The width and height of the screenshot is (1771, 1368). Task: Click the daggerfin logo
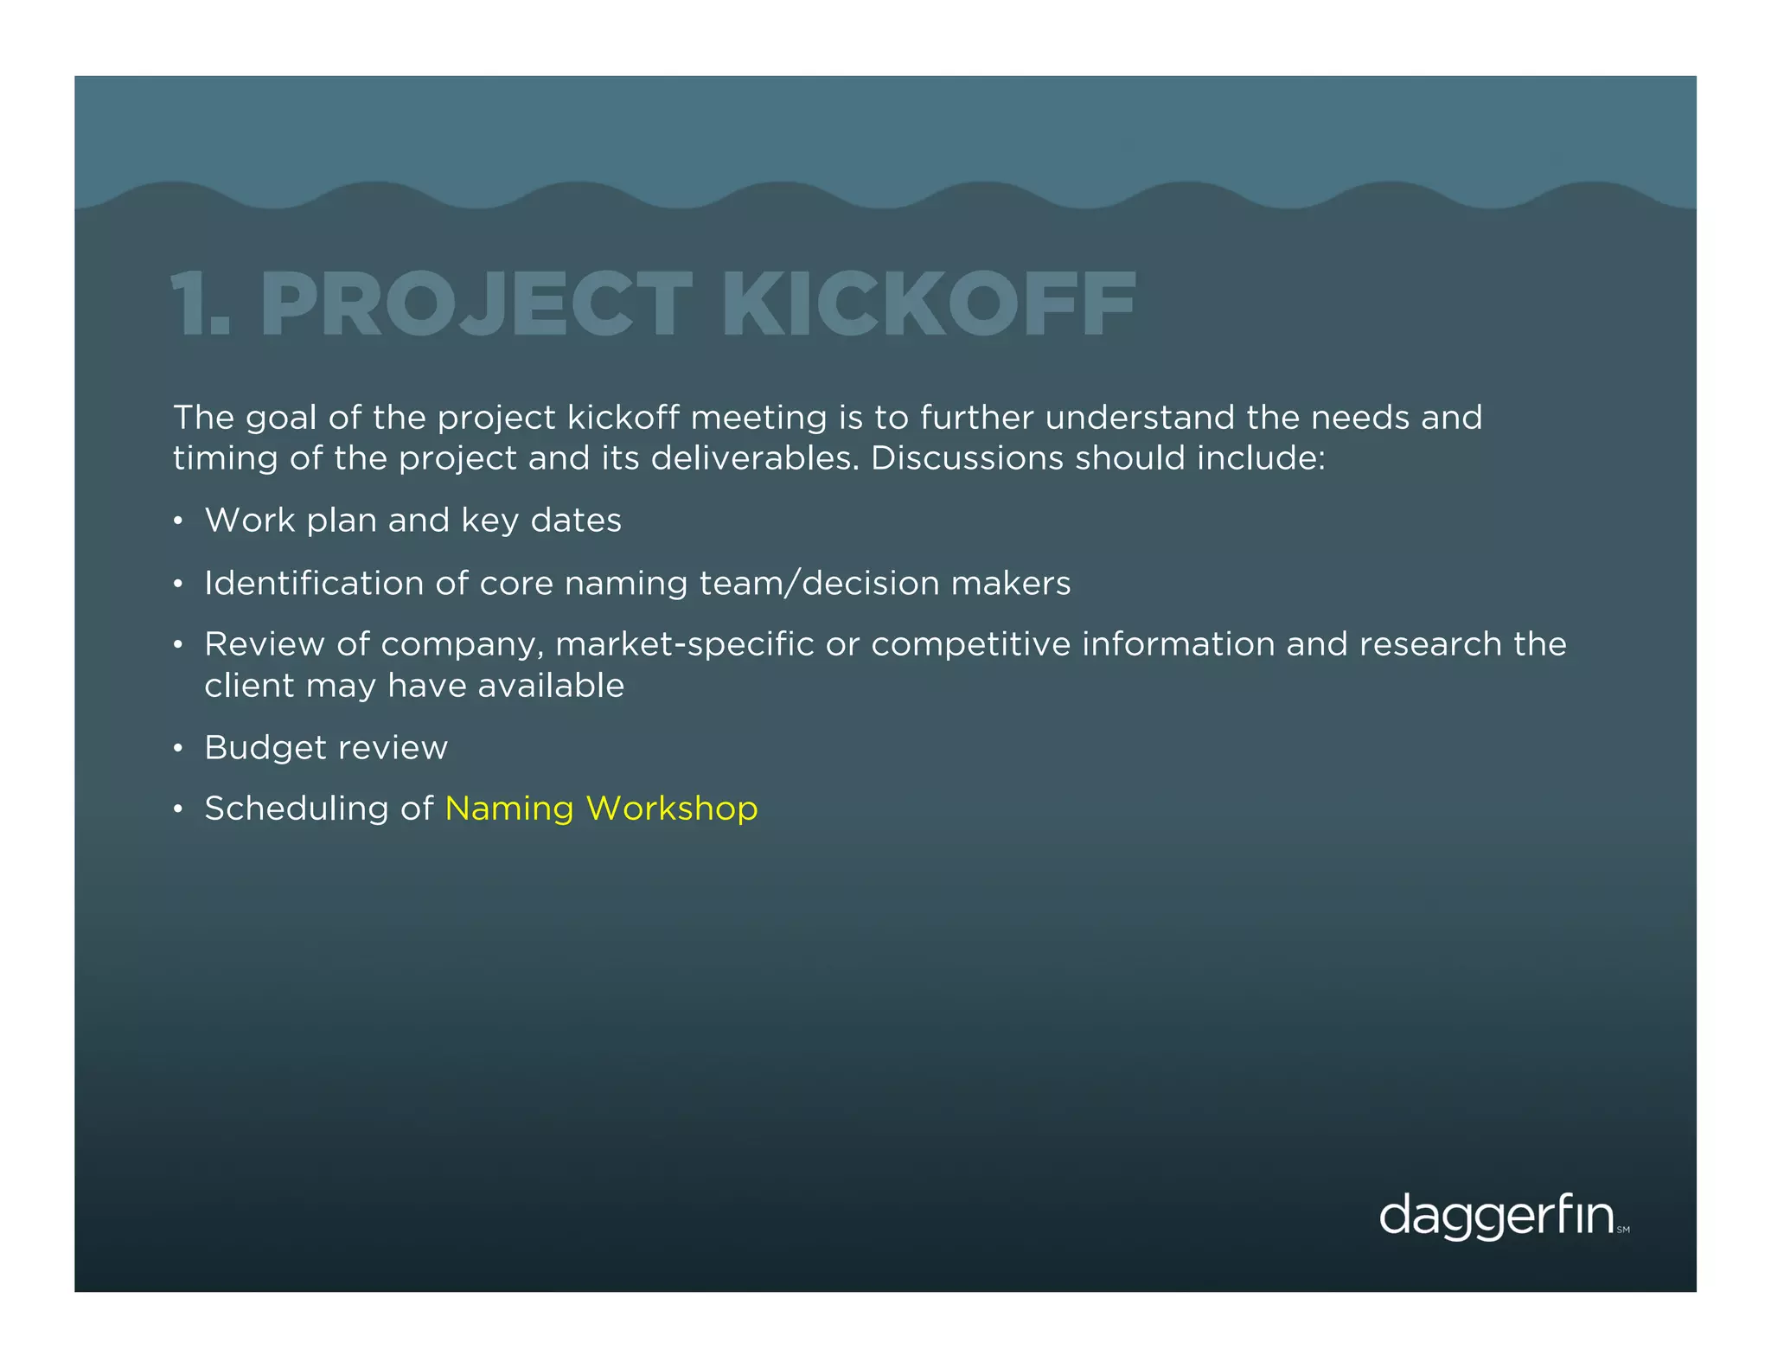pos(1496,1217)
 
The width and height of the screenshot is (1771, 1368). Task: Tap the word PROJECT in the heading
pos(476,304)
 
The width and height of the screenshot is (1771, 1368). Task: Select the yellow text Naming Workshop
pos(601,809)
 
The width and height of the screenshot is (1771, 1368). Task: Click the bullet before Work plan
pos(177,521)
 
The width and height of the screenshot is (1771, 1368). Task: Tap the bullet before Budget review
pos(177,749)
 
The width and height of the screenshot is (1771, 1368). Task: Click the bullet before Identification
pos(177,585)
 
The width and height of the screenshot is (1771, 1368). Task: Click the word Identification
pos(314,584)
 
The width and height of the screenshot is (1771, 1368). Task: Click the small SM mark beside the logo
pos(1623,1230)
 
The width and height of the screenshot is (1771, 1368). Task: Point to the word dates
pos(576,521)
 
